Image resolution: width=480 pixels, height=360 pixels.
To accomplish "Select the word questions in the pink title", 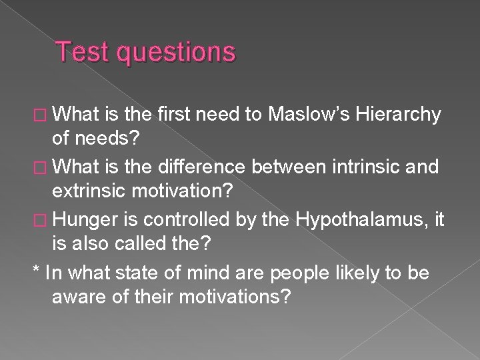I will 174,52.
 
